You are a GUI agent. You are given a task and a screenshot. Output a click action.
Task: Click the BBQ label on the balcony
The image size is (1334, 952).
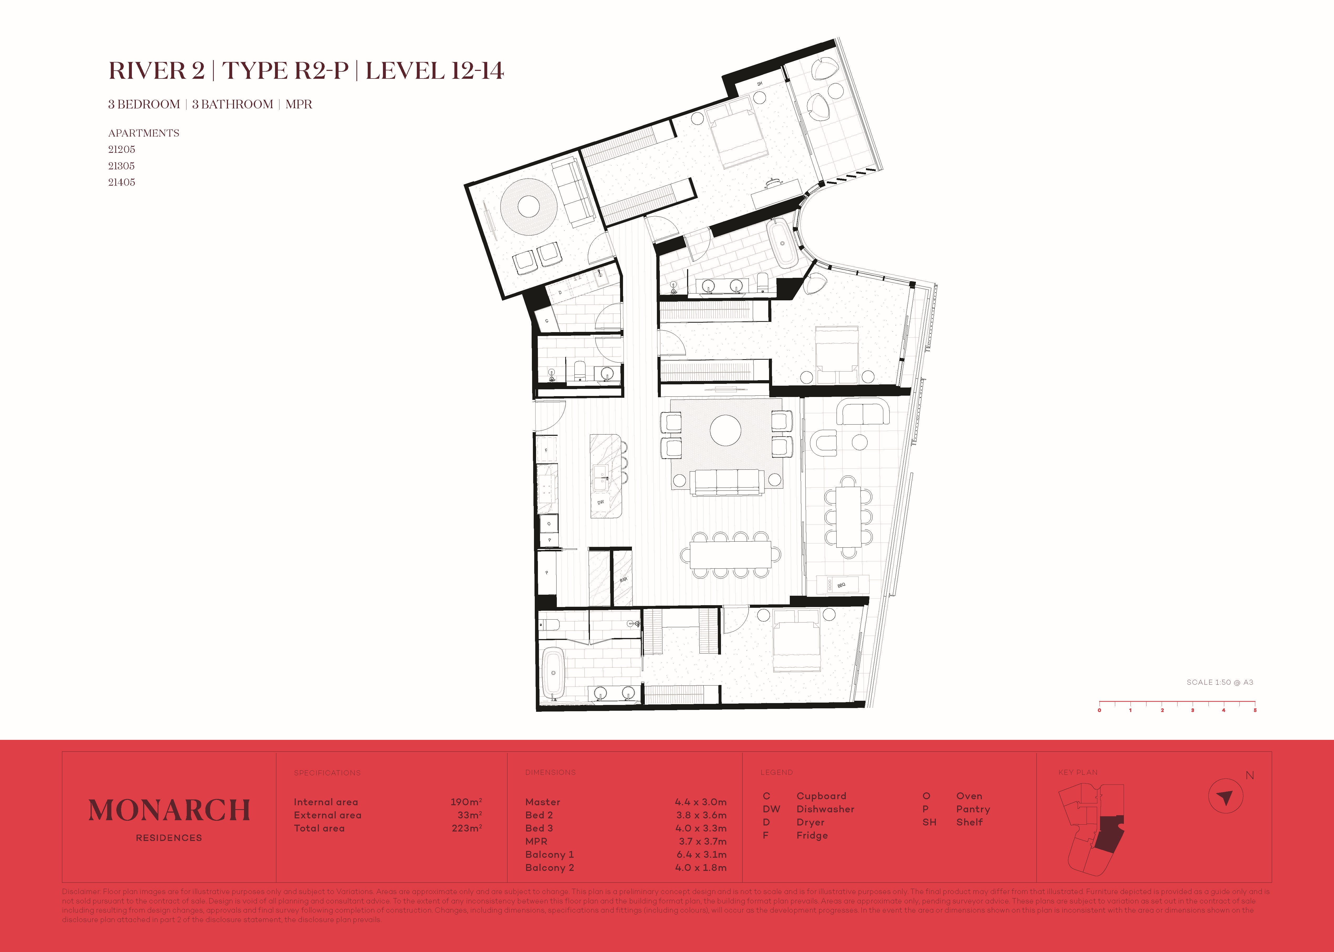click(x=842, y=585)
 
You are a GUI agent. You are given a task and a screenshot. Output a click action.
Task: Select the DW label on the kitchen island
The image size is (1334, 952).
click(x=600, y=502)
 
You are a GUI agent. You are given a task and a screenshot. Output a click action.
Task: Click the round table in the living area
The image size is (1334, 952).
click(x=725, y=430)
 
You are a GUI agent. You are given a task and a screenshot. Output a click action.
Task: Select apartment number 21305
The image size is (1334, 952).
click(x=121, y=166)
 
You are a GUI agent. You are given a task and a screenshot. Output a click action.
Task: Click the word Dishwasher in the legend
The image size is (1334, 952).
click(x=825, y=809)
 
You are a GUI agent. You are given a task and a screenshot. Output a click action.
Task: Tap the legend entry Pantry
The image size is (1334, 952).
click(x=973, y=809)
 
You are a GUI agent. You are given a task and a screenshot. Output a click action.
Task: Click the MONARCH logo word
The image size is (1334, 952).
click(x=169, y=811)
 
